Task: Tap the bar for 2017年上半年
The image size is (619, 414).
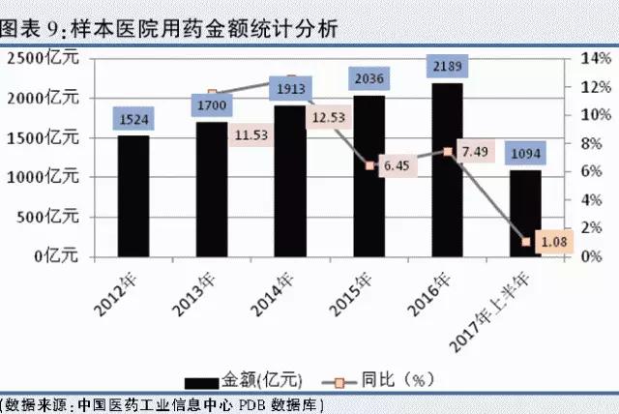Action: (525, 213)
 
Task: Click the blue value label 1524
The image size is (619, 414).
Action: (133, 120)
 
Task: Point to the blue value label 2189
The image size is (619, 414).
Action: (447, 66)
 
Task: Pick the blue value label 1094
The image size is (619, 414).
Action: (525, 153)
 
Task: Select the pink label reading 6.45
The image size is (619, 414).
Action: (398, 166)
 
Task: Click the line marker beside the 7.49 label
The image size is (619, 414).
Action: (447, 151)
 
